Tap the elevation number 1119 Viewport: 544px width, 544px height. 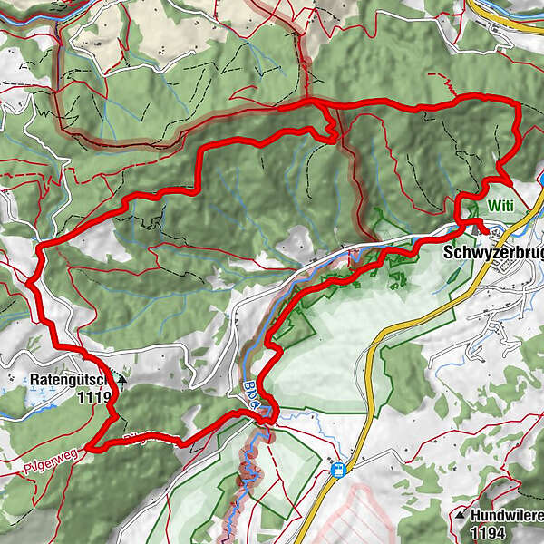94,397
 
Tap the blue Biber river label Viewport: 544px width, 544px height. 251,392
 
